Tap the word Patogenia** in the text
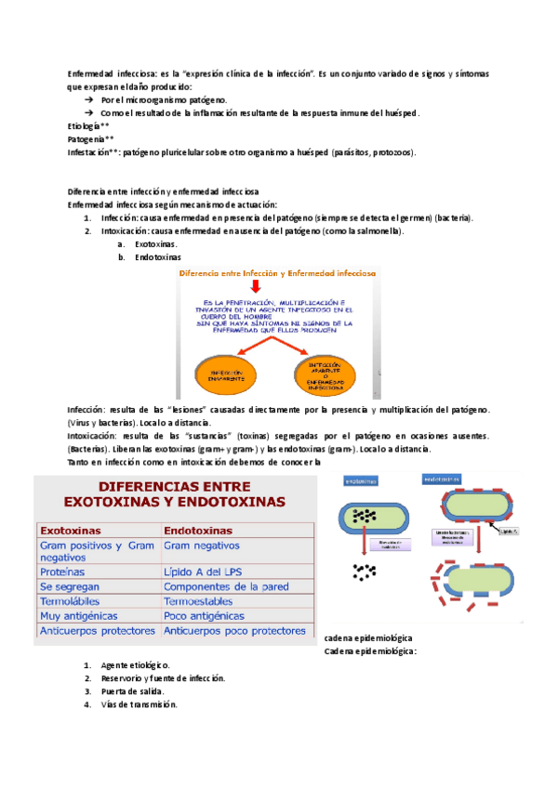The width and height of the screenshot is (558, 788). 90,138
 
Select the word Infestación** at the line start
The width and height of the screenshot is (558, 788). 93,151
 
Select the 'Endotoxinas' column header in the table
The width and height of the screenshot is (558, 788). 198,530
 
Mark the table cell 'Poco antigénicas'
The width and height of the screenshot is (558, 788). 204,615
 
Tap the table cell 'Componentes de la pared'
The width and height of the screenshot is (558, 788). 226,586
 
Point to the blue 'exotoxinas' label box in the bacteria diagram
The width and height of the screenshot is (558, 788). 365,482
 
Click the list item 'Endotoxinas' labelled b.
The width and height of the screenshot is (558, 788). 157,256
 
